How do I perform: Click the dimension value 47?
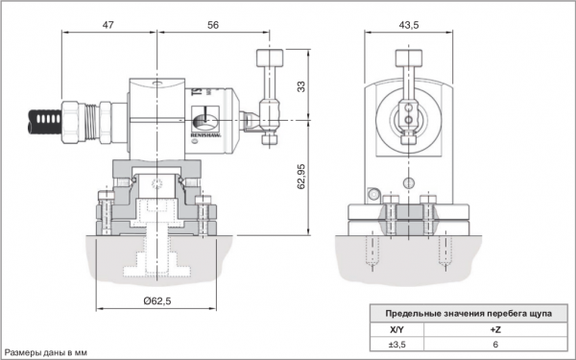coord(108,25)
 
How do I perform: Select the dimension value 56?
coord(213,25)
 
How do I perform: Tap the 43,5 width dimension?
coord(409,25)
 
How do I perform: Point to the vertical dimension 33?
coord(300,86)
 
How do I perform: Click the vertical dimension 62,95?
coord(300,177)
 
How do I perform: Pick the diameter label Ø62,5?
coord(157,301)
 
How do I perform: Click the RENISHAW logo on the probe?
coord(205,135)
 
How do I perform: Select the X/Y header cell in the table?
coord(396,329)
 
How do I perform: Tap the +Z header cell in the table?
coord(495,329)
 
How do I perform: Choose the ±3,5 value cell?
coord(396,345)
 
